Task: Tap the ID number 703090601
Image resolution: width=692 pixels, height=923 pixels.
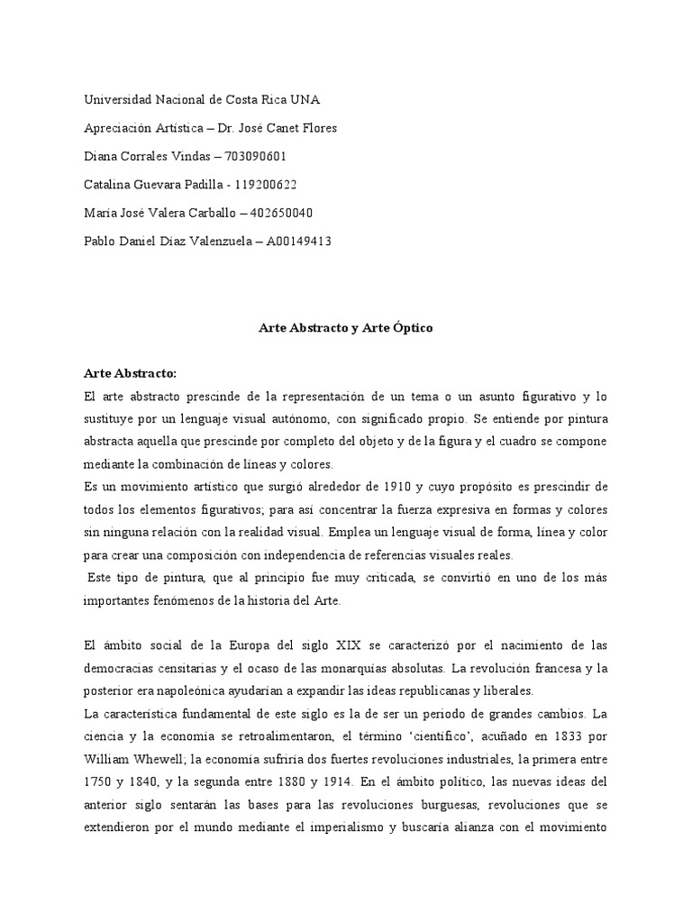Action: click(x=256, y=156)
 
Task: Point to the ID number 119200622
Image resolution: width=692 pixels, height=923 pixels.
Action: click(x=266, y=185)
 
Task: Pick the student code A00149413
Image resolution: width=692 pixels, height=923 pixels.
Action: click(x=299, y=241)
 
